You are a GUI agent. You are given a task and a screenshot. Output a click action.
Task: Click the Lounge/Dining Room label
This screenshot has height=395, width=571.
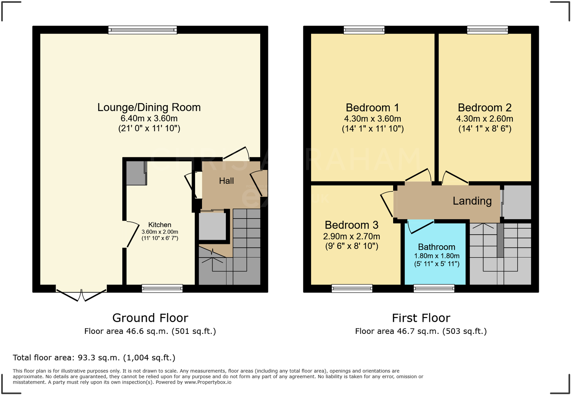point(149,107)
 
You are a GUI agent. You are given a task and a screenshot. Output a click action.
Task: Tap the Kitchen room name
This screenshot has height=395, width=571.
point(160,225)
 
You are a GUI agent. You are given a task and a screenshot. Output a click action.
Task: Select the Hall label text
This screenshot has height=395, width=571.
point(226,181)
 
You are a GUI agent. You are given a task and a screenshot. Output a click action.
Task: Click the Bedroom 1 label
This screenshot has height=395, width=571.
point(372,108)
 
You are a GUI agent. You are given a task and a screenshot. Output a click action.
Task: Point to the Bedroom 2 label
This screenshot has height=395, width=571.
point(484,108)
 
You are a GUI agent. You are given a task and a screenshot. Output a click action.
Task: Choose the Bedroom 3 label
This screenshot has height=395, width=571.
point(351,225)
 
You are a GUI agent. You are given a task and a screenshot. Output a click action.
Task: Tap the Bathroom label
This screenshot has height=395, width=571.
point(436,247)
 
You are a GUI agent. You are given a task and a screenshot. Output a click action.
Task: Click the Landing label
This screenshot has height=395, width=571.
point(472,201)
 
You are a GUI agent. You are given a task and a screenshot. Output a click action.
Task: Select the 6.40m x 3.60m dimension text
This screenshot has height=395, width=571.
point(149,119)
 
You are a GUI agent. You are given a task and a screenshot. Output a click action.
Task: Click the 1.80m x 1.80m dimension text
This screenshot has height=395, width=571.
point(436,256)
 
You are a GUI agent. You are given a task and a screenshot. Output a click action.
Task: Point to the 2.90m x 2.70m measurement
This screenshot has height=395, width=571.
point(351,236)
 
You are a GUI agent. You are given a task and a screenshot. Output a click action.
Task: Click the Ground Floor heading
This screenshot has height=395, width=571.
point(150,318)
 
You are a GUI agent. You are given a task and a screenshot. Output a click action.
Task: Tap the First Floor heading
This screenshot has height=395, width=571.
point(421,318)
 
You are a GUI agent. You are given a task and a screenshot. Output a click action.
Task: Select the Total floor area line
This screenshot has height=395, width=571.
point(94,358)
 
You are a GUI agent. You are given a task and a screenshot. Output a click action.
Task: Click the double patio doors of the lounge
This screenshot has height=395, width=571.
point(81,294)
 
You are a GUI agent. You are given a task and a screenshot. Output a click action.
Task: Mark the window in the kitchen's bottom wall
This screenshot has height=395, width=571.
point(162,288)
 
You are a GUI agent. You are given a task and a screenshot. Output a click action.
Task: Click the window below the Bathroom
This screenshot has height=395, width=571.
point(434,288)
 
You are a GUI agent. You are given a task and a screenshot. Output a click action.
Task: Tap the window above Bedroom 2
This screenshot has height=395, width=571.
point(487,30)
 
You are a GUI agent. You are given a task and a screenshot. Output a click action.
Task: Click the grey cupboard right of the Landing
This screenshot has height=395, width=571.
point(517,202)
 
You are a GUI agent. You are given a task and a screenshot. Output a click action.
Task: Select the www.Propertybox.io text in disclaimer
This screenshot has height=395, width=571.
point(208,382)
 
